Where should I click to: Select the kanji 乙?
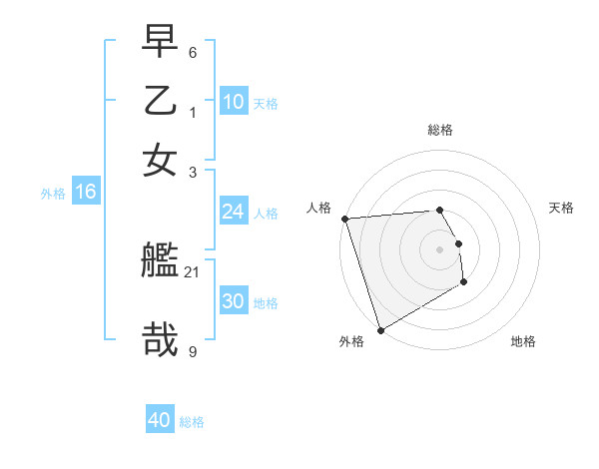coord(161,103)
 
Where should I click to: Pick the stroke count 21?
coord(193,271)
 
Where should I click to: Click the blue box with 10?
coord(233,101)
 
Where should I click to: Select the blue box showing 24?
coord(233,212)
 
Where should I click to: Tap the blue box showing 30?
coord(233,301)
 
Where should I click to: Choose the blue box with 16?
coord(85,193)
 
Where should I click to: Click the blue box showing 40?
coord(160,420)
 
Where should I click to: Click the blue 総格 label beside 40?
coord(193,422)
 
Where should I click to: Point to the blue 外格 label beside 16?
coord(53,194)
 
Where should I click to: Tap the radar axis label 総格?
coord(439,130)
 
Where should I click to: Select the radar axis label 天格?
coord(561,208)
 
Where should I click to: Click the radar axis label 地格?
coord(523,341)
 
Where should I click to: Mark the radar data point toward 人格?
coord(344,219)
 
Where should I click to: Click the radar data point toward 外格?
coord(380,329)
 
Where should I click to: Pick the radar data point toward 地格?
coord(464,282)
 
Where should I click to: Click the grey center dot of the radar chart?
coord(439,248)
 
